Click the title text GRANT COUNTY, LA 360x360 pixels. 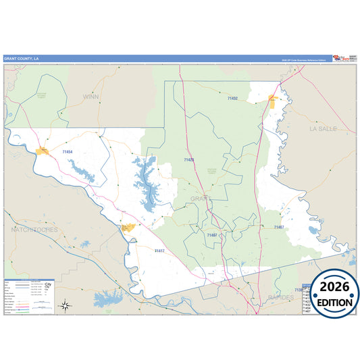click(x=22, y=58)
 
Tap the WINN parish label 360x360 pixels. click(x=90, y=97)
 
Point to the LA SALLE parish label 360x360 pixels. click(x=323, y=128)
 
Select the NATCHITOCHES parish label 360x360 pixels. click(x=34, y=230)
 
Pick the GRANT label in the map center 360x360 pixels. click(x=201, y=199)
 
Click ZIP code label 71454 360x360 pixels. click(x=67, y=153)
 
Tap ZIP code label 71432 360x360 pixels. click(x=232, y=99)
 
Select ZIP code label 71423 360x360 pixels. click(x=188, y=160)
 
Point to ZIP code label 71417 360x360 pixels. click(x=159, y=251)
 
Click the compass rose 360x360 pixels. click(x=65, y=305)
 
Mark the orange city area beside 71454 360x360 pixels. click(x=45, y=150)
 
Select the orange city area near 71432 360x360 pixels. click(x=273, y=101)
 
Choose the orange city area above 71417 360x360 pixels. click(x=127, y=228)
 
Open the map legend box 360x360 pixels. click(x=29, y=296)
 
